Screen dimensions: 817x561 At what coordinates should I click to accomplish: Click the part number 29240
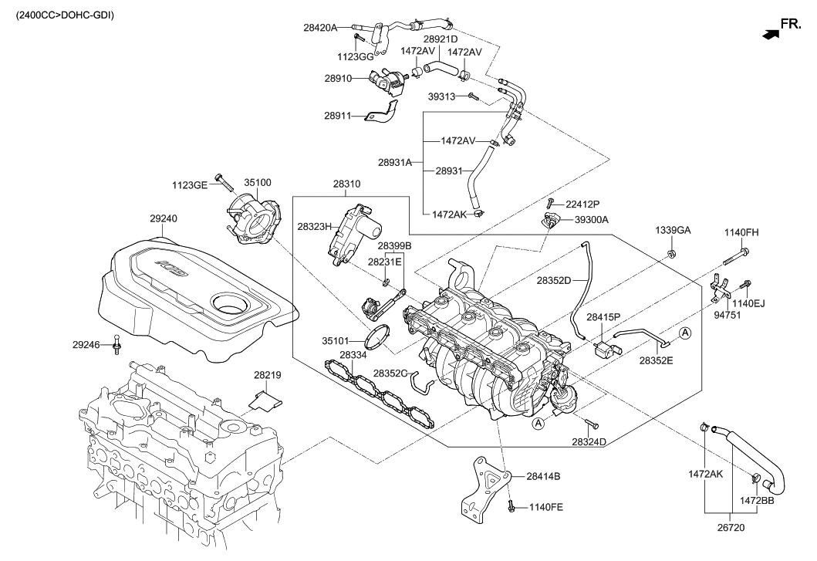coord(163,219)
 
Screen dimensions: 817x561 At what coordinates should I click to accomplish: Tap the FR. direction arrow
coord(771,34)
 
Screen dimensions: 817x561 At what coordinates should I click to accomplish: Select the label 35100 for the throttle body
coord(258,183)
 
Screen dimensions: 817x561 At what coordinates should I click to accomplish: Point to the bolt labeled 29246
coord(116,344)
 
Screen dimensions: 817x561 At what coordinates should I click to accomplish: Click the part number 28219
coord(267,374)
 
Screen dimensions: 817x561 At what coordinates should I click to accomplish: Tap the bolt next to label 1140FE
coord(511,505)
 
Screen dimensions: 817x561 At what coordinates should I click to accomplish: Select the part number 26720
coord(731,528)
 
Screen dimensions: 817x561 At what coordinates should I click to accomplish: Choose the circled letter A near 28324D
coord(538,424)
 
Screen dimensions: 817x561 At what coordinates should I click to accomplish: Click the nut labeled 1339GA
coord(672,255)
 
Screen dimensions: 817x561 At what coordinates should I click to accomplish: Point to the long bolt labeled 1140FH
coord(736,256)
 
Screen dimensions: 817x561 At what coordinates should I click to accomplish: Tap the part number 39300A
coord(592,220)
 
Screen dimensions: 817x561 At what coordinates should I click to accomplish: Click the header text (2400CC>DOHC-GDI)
coord(64,15)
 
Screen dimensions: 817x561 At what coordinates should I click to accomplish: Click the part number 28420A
coord(320,28)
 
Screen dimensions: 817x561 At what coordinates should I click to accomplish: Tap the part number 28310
coord(346,184)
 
